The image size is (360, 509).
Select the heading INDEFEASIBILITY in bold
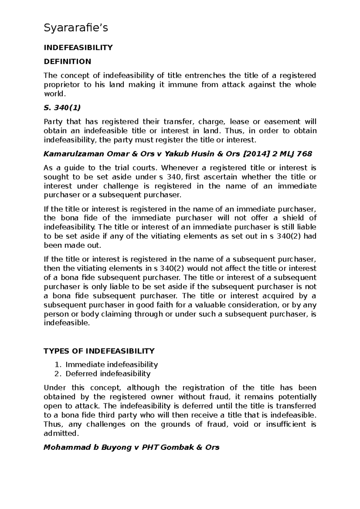[78, 48]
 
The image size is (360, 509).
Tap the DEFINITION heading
[67, 61]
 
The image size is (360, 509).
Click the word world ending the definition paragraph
[54, 94]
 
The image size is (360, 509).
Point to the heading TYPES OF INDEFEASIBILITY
[99, 351]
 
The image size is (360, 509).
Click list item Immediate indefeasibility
[112, 365]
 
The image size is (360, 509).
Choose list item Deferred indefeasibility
[108, 374]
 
